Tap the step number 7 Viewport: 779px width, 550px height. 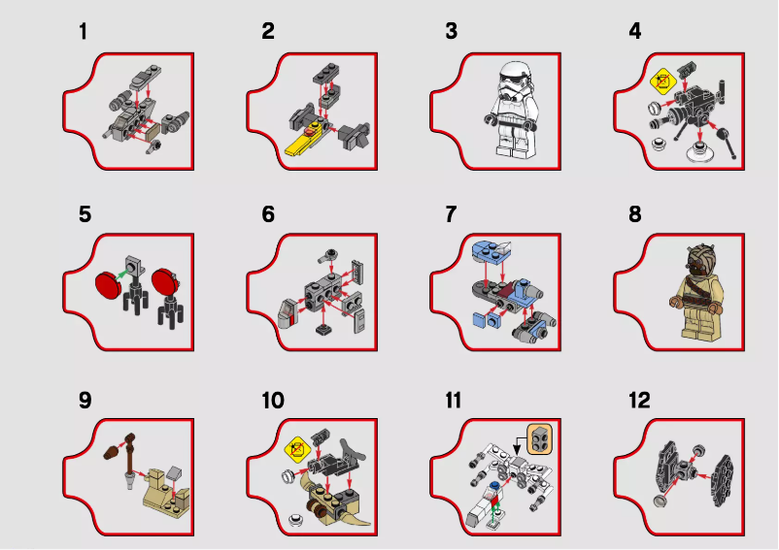coord(451,214)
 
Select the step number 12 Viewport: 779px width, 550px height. coord(639,401)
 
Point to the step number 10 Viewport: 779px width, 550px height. coord(273,401)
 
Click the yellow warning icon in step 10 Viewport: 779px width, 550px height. coord(295,447)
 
